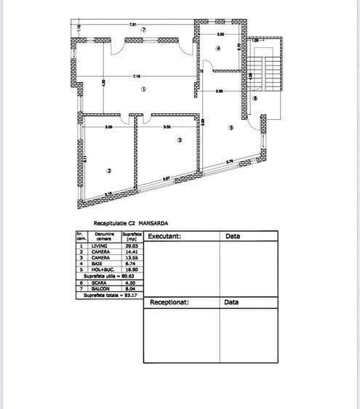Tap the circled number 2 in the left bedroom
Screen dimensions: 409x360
click(108, 171)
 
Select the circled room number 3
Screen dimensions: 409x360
click(177, 141)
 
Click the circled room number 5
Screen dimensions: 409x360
click(231, 128)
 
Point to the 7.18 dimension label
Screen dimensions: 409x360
click(137, 76)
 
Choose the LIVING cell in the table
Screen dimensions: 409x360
click(100, 246)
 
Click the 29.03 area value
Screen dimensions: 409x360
click(131, 246)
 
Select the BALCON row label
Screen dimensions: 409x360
click(100, 288)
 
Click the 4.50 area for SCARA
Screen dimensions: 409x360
click(131, 283)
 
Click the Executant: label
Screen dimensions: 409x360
click(164, 236)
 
